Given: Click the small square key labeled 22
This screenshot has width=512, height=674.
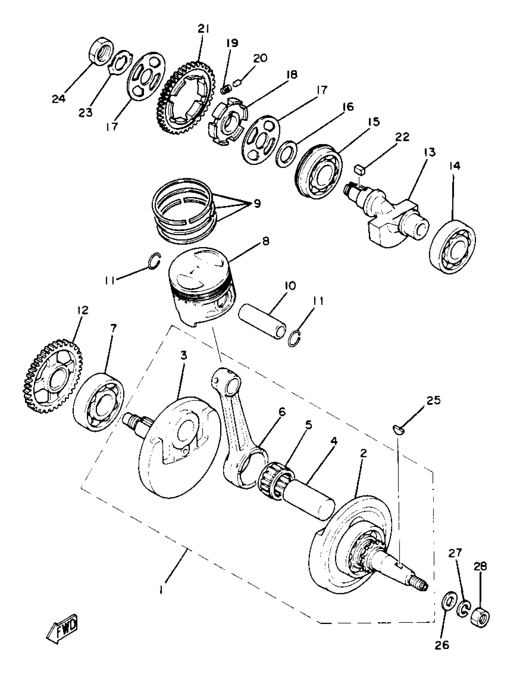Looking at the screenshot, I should point(360,169).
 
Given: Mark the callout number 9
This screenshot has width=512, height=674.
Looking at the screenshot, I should point(257,204).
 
